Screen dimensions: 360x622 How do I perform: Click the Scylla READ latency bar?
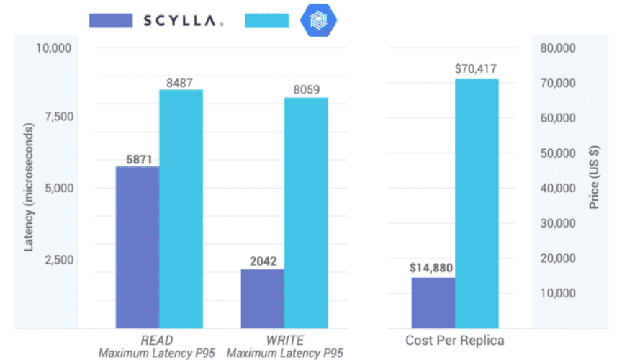click(138, 247)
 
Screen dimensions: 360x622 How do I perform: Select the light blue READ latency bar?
click(181, 209)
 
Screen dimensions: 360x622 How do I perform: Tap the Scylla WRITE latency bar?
click(262, 299)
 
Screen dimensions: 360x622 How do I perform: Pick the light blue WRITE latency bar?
click(306, 212)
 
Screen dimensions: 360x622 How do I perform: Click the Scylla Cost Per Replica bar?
click(433, 302)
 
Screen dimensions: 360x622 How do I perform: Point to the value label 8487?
click(181, 82)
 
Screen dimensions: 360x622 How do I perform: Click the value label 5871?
click(138, 159)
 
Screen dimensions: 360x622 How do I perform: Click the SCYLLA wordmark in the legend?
click(182, 21)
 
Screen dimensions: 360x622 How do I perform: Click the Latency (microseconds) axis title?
click(30, 189)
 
